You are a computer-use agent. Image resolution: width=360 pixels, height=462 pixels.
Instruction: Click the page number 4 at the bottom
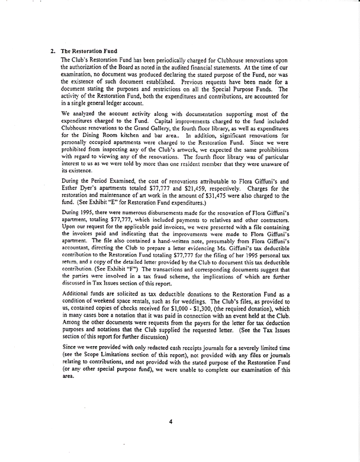[170, 422]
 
